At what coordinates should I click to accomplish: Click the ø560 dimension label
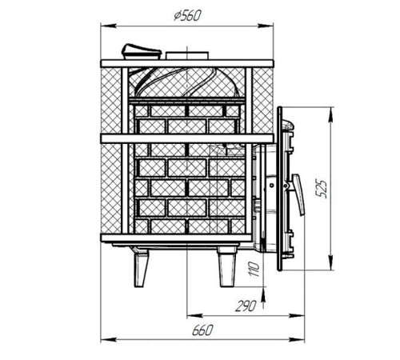(x=187, y=16)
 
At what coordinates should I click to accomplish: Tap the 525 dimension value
(x=322, y=189)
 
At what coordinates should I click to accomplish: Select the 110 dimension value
(x=254, y=269)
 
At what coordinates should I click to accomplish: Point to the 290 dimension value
(x=246, y=306)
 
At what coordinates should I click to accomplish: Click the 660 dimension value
(x=202, y=330)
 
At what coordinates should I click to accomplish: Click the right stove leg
(x=226, y=266)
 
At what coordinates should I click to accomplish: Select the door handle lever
(x=298, y=194)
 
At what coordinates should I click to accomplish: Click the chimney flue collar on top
(x=187, y=55)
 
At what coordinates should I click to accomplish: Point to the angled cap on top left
(x=142, y=51)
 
